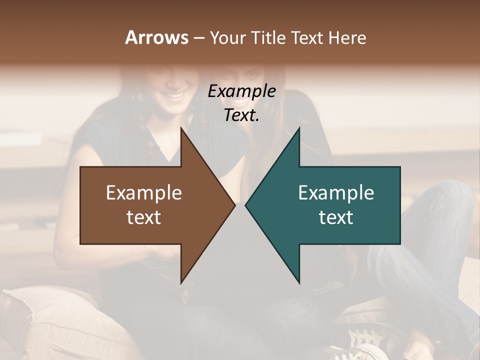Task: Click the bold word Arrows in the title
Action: click(156, 37)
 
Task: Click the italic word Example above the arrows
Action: click(241, 91)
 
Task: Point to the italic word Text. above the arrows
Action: click(241, 115)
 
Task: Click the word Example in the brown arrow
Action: click(144, 193)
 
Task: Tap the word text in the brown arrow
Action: click(144, 217)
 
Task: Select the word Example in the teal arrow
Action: click(336, 193)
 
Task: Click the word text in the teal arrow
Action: click(336, 217)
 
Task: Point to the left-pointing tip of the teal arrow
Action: click(245, 205)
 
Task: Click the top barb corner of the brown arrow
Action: click(181, 128)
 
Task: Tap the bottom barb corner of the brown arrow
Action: click(181, 282)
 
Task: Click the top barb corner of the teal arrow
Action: click(299, 128)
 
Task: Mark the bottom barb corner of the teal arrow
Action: click(299, 282)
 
